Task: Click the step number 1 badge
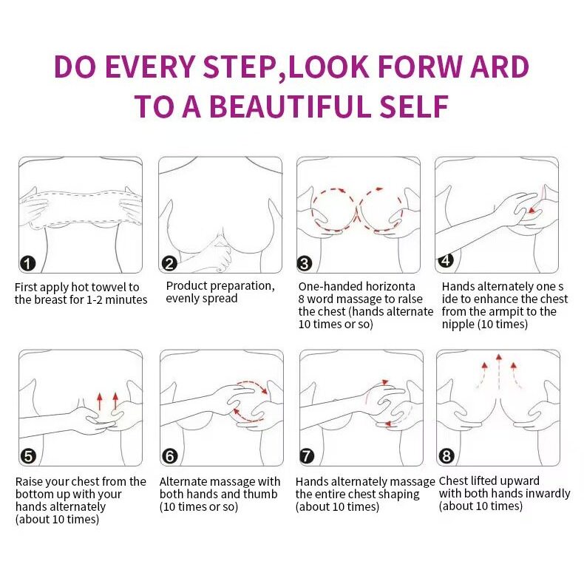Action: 27,264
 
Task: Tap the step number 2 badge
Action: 169,263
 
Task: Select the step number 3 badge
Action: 305,263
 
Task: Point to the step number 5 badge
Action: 29,456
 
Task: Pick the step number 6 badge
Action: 170,456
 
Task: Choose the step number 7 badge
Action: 307,456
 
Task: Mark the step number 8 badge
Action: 447,456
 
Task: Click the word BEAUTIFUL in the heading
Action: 291,106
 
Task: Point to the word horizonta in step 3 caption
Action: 390,286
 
